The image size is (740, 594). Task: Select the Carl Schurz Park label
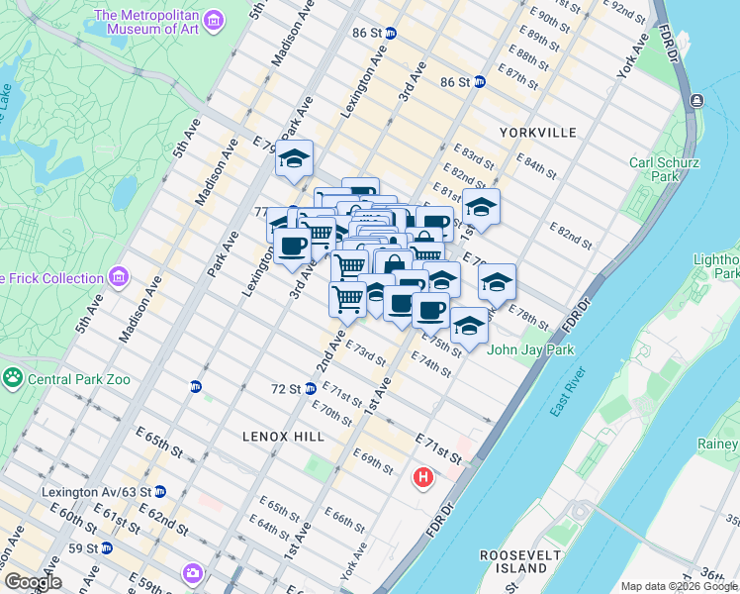tap(670, 168)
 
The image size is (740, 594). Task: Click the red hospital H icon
tap(423, 479)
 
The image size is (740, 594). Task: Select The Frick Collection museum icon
tap(120, 277)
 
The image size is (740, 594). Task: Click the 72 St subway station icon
tap(310, 388)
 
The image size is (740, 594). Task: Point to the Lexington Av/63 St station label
tap(96, 492)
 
